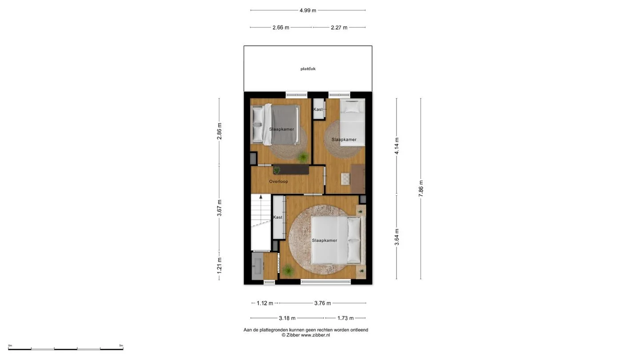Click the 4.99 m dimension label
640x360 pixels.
pos(308,11)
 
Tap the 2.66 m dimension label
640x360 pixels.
pos(280,28)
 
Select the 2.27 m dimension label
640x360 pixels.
pos(339,28)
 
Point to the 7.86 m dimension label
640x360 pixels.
pos(421,188)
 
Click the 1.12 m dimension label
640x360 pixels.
pos(265,303)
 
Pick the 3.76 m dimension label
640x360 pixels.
pos(323,303)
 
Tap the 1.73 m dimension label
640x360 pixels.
pos(345,318)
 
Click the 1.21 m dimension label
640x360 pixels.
pos(220,265)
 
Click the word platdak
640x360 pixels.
pos(308,69)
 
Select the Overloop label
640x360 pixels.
pos(279,181)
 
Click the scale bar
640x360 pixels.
pos(66,348)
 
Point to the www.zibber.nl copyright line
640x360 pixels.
pos(306,335)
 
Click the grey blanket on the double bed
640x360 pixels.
pos(284,124)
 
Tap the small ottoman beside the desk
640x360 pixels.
pos(346,179)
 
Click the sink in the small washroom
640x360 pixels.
pos(257,266)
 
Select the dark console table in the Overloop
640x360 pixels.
pos(291,169)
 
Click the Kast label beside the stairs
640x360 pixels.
pos(278,217)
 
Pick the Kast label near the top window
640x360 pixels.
pos(318,109)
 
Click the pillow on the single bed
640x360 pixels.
pos(352,107)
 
